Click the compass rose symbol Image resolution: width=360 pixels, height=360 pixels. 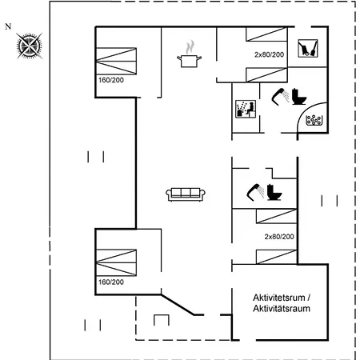click(x=29, y=46)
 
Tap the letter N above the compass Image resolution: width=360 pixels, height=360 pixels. click(x=8, y=26)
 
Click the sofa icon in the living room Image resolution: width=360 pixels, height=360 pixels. click(x=186, y=194)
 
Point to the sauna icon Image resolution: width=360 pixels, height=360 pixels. click(x=246, y=109)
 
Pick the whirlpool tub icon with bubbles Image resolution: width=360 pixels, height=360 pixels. click(x=314, y=120)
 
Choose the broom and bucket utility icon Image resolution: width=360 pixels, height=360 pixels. click(x=308, y=48)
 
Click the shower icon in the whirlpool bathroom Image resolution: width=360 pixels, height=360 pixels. click(x=280, y=97)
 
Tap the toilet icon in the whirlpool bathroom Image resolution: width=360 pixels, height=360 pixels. click(x=299, y=96)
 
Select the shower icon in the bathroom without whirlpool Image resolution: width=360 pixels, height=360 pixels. click(x=255, y=192)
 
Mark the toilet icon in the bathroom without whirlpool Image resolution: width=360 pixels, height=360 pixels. click(x=274, y=192)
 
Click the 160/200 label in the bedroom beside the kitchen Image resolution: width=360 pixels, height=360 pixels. click(x=111, y=80)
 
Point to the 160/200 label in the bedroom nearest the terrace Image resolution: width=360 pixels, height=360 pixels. click(x=111, y=282)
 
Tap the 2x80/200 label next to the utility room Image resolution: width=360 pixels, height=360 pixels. click(x=269, y=54)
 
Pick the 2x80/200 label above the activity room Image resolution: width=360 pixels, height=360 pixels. click(x=279, y=237)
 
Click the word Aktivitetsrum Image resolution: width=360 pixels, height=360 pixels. click(x=279, y=298)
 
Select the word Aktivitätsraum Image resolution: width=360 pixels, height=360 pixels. click(x=282, y=309)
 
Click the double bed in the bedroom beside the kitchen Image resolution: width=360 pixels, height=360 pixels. click(x=116, y=61)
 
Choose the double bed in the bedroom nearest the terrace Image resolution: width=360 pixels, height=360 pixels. click(x=116, y=262)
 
